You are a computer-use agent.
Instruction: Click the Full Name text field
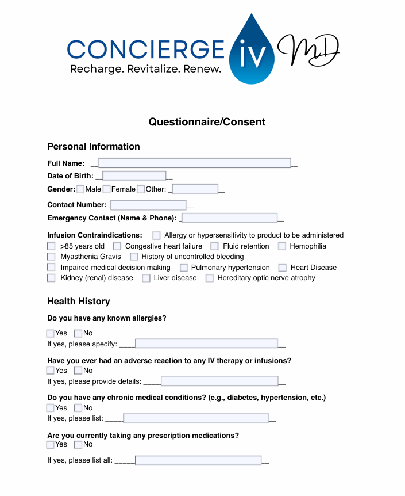pos(194,163)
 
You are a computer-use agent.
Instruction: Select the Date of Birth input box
pos(134,176)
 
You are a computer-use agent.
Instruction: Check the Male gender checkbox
pos(80,189)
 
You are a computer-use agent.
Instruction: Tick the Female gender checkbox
pos(106,189)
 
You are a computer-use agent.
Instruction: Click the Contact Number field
pos(148,205)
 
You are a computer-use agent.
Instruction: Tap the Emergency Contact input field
pos(229,218)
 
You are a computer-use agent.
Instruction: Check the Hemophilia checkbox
pos(282,246)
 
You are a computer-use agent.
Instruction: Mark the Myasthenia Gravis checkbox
pos(51,257)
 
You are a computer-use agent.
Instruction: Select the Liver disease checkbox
pos(146,278)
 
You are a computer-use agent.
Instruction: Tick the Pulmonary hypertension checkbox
pos(184,268)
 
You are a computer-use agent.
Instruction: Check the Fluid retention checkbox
pos(214,246)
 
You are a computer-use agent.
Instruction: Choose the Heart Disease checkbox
pos(282,268)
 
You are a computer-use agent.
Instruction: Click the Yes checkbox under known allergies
pos(51,333)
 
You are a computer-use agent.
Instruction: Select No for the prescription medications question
pos(78,444)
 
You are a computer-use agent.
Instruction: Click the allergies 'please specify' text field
pos(206,344)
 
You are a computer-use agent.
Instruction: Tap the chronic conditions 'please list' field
pos(196,418)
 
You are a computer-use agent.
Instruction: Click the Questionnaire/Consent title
pos(207,122)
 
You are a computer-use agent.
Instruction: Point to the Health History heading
pos(79,302)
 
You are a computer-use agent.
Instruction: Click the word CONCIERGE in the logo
pos(145,49)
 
